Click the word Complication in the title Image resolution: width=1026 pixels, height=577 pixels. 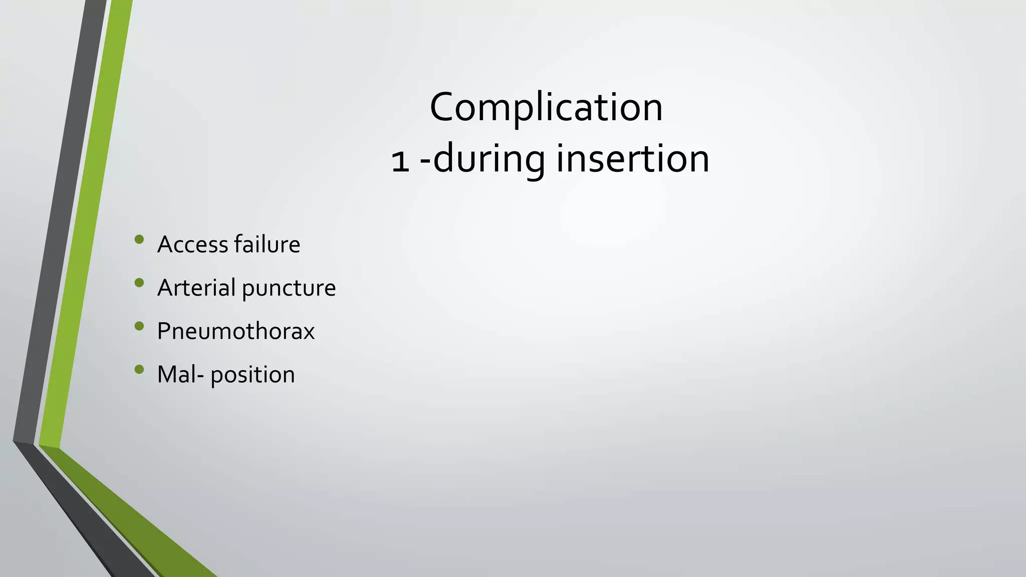[x=546, y=107]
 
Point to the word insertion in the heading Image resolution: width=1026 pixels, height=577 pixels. [x=633, y=159]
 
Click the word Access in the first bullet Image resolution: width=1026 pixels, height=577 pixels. [x=193, y=244]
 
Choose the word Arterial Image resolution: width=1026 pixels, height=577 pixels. [x=196, y=287]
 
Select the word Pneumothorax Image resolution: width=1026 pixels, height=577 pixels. [x=235, y=331]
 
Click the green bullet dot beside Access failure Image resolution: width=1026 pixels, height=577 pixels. [x=139, y=239]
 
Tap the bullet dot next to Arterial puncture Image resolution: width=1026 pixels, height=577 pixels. [x=139, y=283]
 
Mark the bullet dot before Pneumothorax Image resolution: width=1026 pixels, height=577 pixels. [x=139, y=327]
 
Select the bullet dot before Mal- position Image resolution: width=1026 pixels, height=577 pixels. [x=139, y=370]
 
